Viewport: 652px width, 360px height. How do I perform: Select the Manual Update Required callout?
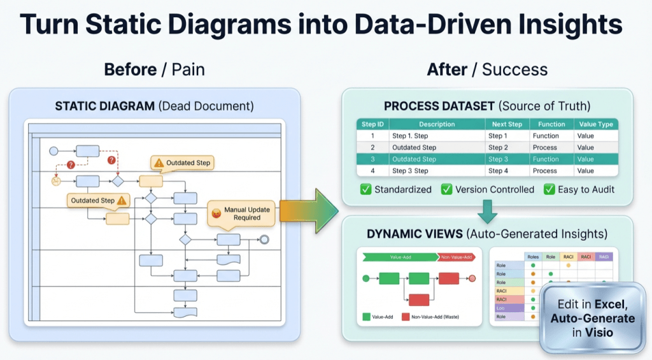tap(242, 213)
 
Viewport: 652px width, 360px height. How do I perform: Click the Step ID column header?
tap(372, 124)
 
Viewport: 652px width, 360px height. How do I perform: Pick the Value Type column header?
tap(595, 124)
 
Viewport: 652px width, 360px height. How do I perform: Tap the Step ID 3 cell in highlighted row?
tap(372, 159)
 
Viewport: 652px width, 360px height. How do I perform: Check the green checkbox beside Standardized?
tap(366, 189)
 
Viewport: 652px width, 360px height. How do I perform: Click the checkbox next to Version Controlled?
tap(446, 189)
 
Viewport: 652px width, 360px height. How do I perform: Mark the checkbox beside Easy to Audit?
tap(549, 189)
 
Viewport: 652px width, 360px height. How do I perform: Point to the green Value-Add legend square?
tap(367, 316)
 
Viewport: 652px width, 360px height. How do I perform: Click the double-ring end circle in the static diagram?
tap(264, 240)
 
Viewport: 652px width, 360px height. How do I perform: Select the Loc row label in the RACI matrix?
tap(501, 307)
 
